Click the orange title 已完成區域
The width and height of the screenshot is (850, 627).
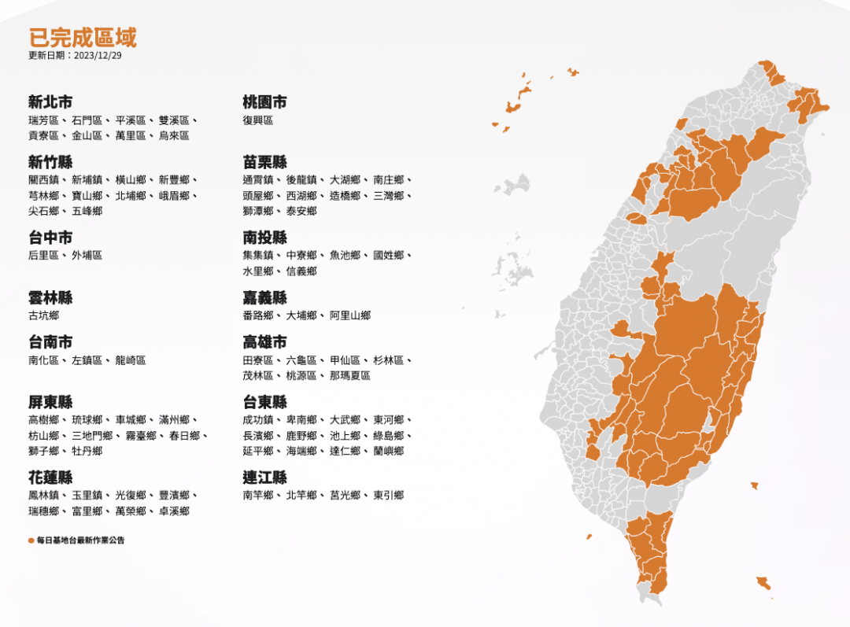click(x=83, y=37)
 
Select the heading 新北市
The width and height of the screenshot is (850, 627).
click(x=50, y=101)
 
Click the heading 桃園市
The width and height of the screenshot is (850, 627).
click(x=264, y=101)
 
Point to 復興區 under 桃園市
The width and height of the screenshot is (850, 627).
click(x=258, y=120)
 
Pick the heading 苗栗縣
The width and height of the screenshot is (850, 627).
click(x=264, y=161)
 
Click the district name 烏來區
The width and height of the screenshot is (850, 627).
click(x=174, y=135)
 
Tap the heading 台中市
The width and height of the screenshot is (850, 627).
click(x=50, y=237)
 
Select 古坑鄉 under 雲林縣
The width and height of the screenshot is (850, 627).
click(x=43, y=315)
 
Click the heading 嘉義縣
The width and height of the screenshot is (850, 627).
click(x=264, y=297)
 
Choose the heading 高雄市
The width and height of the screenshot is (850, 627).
click(x=264, y=341)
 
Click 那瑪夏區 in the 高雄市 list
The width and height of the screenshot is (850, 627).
click(x=350, y=375)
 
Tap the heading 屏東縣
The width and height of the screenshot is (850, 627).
click(x=50, y=401)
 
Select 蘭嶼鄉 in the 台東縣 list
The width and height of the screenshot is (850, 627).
click(x=389, y=451)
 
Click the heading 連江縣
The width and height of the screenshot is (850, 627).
click(x=264, y=477)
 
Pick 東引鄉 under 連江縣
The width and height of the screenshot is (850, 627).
click(x=389, y=496)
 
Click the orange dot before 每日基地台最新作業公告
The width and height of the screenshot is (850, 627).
click(x=31, y=540)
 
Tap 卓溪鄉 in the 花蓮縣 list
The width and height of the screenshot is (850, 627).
click(x=174, y=511)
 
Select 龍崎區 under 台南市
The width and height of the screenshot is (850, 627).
click(x=131, y=360)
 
